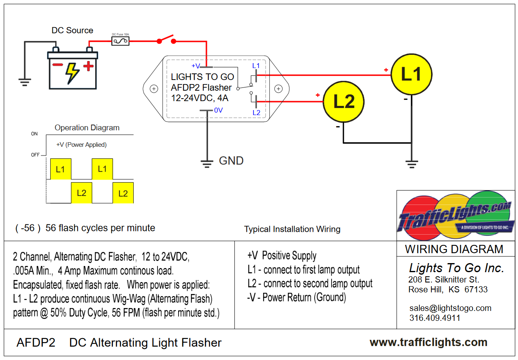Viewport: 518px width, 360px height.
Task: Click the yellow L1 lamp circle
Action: [x=411, y=75]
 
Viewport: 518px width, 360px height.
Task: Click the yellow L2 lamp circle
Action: [x=344, y=101]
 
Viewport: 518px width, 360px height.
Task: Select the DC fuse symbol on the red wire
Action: [x=120, y=40]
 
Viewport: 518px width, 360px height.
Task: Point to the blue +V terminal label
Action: [x=195, y=66]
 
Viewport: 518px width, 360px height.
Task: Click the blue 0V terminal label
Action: [x=218, y=110]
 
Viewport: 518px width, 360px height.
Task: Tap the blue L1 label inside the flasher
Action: [x=256, y=66]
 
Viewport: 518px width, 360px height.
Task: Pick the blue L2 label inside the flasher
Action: [x=256, y=113]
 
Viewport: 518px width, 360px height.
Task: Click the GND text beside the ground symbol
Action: [x=231, y=161]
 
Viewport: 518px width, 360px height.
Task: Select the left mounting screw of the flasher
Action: [x=153, y=88]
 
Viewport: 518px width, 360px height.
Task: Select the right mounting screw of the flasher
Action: [x=278, y=88]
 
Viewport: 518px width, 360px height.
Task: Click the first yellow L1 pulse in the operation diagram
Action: [x=61, y=169]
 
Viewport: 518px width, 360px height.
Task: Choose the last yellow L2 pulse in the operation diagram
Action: [x=123, y=193]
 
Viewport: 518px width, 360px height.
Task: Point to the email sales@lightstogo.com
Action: [x=450, y=308]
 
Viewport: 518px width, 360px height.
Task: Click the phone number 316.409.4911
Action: [x=435, y=318]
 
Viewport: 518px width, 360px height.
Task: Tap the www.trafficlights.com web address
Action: [x=429, y=342]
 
